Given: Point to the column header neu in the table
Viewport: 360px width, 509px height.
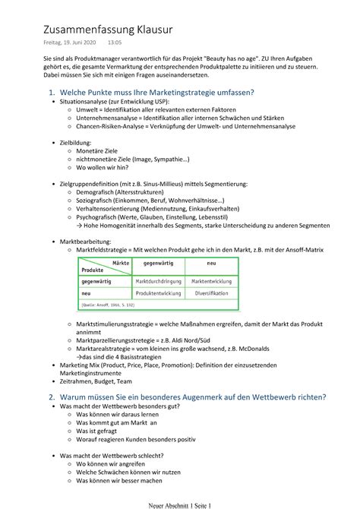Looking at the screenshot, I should coord(212,265).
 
